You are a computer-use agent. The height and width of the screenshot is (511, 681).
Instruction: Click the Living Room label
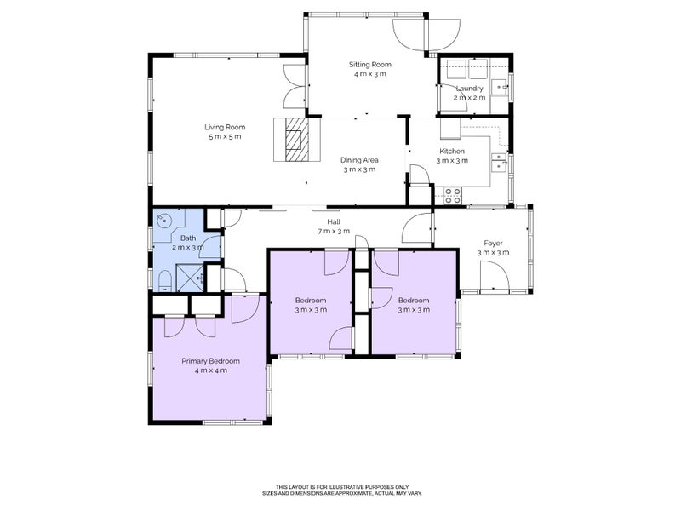click(x=224, y=127)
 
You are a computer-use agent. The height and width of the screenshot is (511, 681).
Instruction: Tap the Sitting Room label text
click(x=370, y=64)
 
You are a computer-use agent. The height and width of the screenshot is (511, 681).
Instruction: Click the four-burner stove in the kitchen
click(x=452, y=195)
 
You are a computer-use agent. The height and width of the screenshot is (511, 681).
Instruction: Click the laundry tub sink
click(x=501, y=84)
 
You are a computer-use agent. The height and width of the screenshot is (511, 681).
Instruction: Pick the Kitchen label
click(x=451, y=151)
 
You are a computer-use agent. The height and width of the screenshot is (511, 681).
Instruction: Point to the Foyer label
click(x=493, y=242)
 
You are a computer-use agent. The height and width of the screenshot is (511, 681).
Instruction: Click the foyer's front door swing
click(x=493, y=277)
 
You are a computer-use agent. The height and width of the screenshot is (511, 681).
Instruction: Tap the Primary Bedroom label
click(x=210, y=360)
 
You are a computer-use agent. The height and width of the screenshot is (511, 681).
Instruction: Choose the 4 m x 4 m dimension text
click(x=210, y=370)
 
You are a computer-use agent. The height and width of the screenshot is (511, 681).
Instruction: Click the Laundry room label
click(x=469, y=88)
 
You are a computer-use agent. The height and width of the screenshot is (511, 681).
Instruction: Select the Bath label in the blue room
click(x=187, y=238)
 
